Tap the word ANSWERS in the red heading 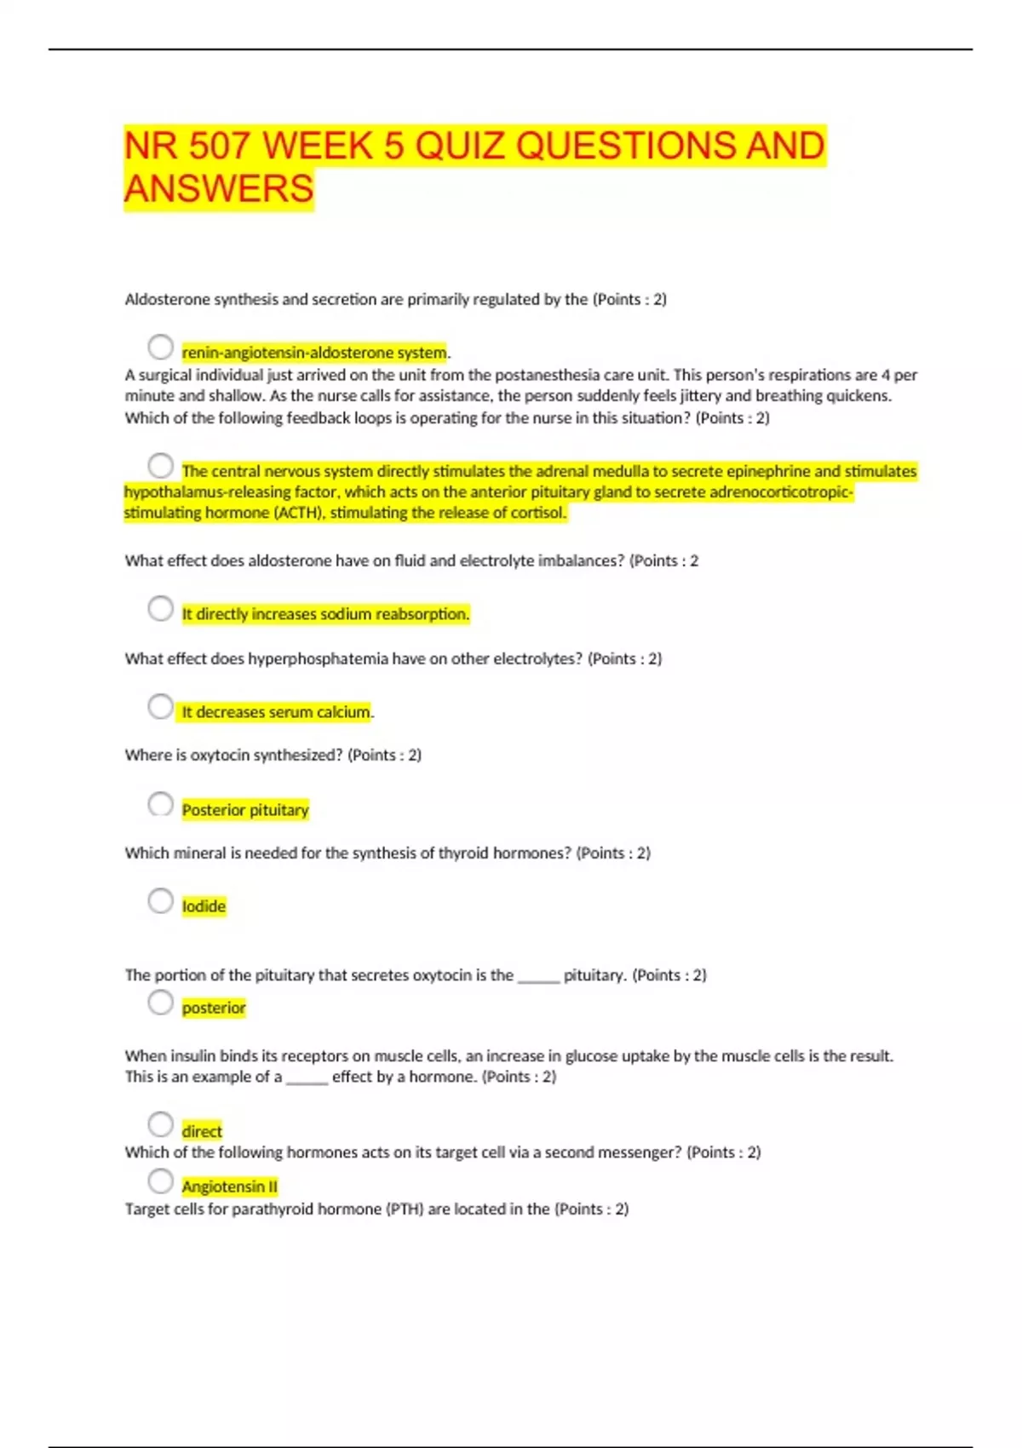[219, 188]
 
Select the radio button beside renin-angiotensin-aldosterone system [160, 348]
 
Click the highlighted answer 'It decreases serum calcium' [276, 712]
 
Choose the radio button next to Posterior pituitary [160, 804]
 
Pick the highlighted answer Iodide [204, 906]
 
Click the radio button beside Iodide [160, 901]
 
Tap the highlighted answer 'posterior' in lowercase [213, 1008]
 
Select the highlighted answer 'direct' [202, 1131]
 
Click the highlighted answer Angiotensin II [229, 1187]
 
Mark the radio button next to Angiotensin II [160, 1181]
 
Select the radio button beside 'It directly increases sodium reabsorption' [160, 608]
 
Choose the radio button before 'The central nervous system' [160, 466]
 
